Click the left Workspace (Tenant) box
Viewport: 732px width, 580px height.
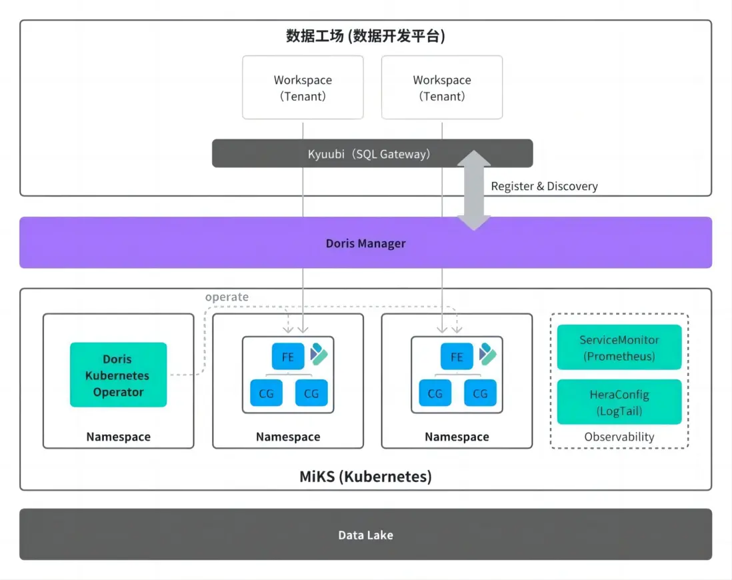303,87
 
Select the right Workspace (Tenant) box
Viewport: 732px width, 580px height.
441,87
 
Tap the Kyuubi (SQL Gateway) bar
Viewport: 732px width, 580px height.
372,153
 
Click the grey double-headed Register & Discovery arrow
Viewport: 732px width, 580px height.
473,190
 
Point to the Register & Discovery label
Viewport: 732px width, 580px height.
544,186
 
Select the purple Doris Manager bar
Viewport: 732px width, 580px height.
365,243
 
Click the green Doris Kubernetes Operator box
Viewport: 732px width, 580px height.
118,375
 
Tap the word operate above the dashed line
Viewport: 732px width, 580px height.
227,297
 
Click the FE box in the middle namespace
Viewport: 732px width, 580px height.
288,357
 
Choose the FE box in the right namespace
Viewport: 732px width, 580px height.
457,357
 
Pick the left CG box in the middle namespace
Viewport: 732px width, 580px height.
266,393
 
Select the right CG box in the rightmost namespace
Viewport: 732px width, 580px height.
480,393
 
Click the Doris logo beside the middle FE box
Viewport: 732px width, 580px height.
319,354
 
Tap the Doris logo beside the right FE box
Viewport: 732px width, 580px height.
488,354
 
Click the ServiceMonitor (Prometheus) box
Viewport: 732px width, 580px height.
619,347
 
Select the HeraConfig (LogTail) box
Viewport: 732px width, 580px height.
619,402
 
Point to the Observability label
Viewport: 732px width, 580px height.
619,437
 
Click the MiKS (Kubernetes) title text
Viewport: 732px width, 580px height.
365,477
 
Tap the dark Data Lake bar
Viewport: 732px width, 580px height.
365,535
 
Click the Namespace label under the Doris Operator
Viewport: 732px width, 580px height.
118,437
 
